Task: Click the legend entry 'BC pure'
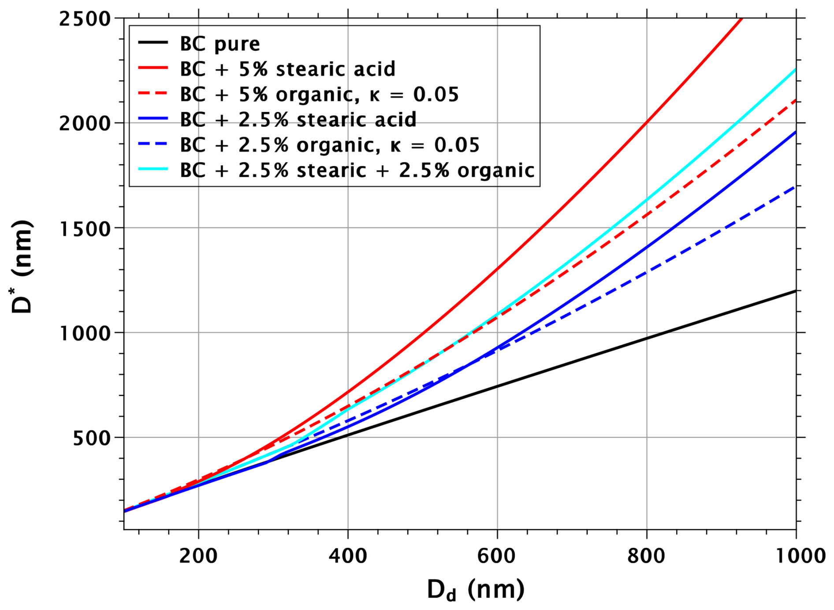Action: pyautogui.click(x=220, y=44)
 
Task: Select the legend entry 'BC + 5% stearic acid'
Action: pyautogui.click(x=287, y=69)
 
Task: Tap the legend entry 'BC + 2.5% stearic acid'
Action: pyautogui.click(x=298, y=119)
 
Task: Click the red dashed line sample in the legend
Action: pyautogui.click(x=153, y=94)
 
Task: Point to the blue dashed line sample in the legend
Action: pyautogui.click(x=153, y=145)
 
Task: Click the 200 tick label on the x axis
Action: pyautogui.click(x=198, y=556)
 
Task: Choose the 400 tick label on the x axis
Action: pyautogui.click(x=348, y=556)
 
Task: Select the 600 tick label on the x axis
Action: pyautogui.click(x=497, y=556)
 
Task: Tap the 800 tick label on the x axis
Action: pyautogui.click(x=646, y=556)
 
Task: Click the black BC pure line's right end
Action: pyautogui.click(x=795, y=291)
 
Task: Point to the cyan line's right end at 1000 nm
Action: pyautogui.click(x=795, y=69)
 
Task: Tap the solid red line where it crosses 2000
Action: pyautogui.click(x=647, y=123)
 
